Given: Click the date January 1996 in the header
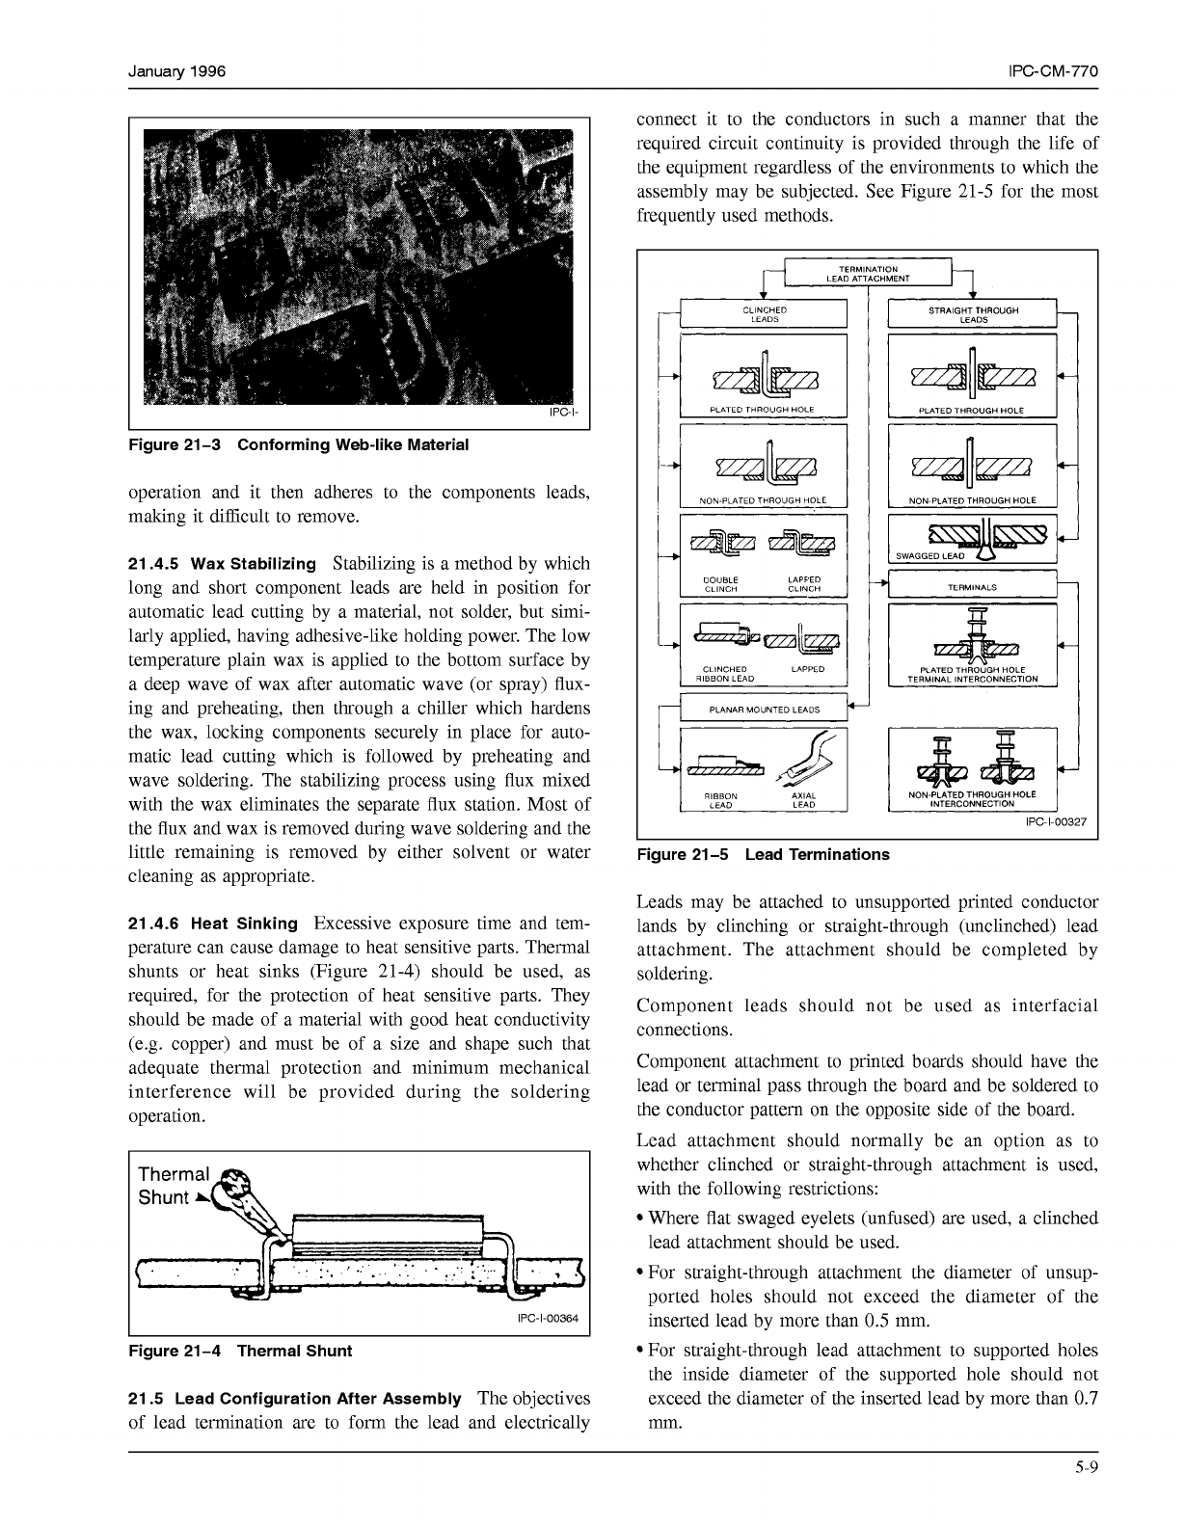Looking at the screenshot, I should click(x=177, y=73).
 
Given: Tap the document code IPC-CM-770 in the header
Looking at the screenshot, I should click(x=1053, y=73).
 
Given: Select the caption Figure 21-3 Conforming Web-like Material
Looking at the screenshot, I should click(x=299, y=445).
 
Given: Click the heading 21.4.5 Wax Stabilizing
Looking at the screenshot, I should click(x=222, y=564).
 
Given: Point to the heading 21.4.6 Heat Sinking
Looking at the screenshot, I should click(x=213, y=924).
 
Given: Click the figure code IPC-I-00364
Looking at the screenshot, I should click(x=548, y=1320).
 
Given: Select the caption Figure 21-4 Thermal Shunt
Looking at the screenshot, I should click(x=240, y=1351).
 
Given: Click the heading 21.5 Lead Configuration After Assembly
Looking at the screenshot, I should click(x=295, y=1399).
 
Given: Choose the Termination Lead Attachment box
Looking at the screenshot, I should click(x=868, y=273).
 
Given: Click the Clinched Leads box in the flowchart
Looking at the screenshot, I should click(x=764, y=314).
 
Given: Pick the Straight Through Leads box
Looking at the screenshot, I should click(x=972, y=314).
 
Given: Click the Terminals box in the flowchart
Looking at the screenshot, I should click(x=972, y=586).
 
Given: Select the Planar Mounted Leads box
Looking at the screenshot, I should click(x=764, y=710).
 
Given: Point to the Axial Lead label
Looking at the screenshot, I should click(x=803, y=800).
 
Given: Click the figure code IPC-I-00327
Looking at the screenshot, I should click(x=1056, y=822).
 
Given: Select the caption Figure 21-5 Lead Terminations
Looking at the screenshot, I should click(x=763, y=855).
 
